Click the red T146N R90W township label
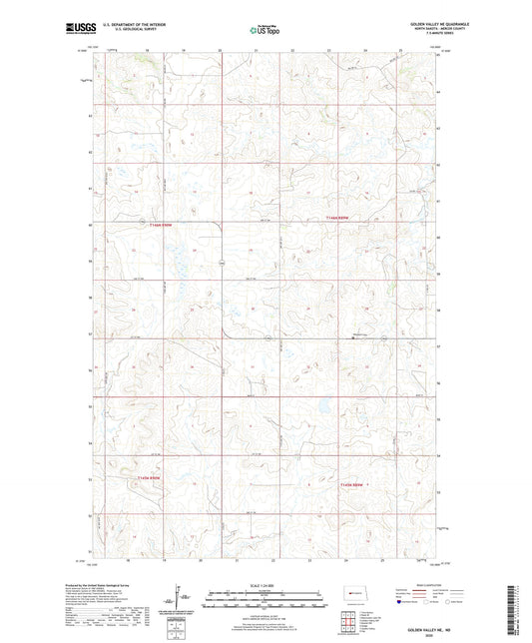(x=160, y=226)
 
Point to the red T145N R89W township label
(x=355, y=484)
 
